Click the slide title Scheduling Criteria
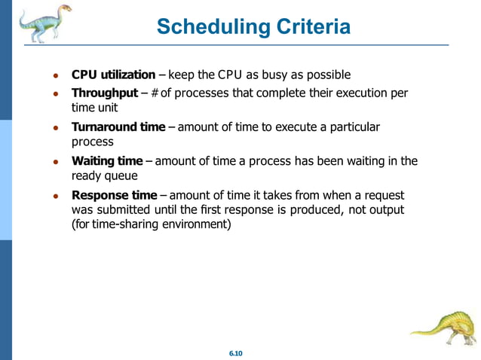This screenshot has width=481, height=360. coord(253,27)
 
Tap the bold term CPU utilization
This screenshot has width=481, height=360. coord(113,75)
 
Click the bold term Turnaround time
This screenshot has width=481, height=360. coord(118,127)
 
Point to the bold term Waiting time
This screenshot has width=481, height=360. coord(106,161)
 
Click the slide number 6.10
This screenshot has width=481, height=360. coord(239,353)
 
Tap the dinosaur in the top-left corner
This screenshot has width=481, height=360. coord(43,23)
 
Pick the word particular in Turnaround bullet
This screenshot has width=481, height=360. coord(354,127)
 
